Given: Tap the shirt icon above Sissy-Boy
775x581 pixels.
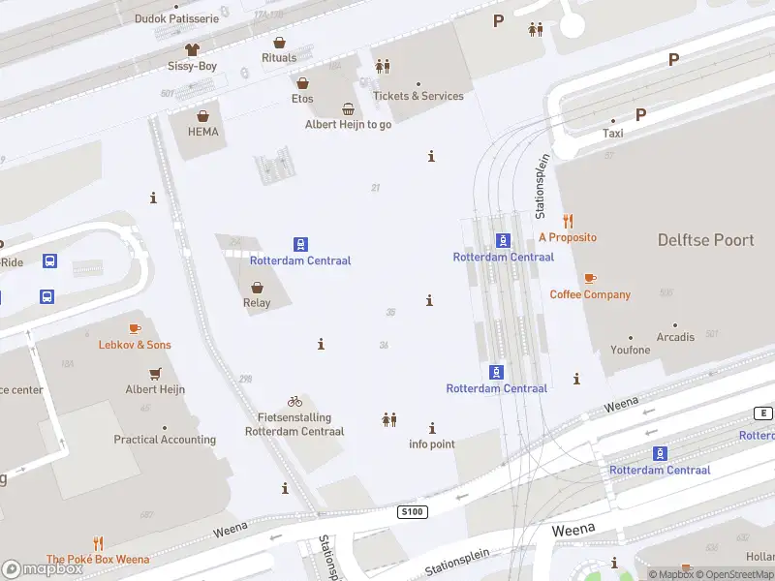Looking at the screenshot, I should (x=192, y=48).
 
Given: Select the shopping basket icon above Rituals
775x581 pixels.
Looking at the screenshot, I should (x=279, y=43).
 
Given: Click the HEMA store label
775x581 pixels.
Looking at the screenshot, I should (x=203, y=132).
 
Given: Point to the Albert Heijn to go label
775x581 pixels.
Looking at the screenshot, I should (x=348, y=124).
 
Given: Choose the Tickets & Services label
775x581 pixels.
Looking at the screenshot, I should (x=418, y=96).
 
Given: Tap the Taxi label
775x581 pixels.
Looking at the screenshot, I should (x=613, y=134).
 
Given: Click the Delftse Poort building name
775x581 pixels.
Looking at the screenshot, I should (x=705, y=240).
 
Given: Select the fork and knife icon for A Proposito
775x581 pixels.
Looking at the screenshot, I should (x=568, y=221).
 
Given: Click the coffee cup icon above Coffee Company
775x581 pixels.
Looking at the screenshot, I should (x=590, y=279).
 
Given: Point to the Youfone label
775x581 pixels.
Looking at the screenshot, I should (x=631, y=350).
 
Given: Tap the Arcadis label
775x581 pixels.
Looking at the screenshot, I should (x=675, y=337).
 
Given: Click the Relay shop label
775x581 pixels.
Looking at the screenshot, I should (x=257, y=303).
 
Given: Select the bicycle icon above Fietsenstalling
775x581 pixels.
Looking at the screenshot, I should (x=294, y=401).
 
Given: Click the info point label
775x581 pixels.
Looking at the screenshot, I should (x=432, y=444).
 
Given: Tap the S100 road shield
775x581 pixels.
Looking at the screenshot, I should (x=412, y=510).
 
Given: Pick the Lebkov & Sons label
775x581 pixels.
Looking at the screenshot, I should (x=135, y=345).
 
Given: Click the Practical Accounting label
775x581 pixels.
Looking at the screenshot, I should (x=165, y=440).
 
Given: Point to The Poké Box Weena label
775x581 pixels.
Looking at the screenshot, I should (x=98, y=559).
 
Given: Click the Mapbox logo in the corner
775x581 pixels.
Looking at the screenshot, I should (x=43, y=569).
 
